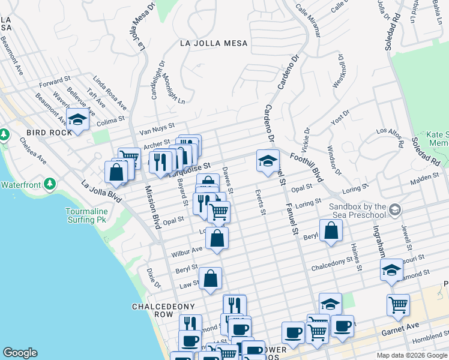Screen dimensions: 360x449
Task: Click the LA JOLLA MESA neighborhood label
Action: [x=213, y=43]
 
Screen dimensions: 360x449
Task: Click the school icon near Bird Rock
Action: [x=77, y=120]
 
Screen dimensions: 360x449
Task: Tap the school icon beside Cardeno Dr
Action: [x=268, y=160]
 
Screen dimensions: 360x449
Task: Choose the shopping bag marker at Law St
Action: [x=210, y=278]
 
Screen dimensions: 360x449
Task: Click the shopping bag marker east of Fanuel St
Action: [x=331, y=230]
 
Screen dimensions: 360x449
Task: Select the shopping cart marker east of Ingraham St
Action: [x=398, y=305]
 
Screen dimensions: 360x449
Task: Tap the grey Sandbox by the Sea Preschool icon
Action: [x=394, y=210]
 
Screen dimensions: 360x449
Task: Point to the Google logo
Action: [x=20, y=353]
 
